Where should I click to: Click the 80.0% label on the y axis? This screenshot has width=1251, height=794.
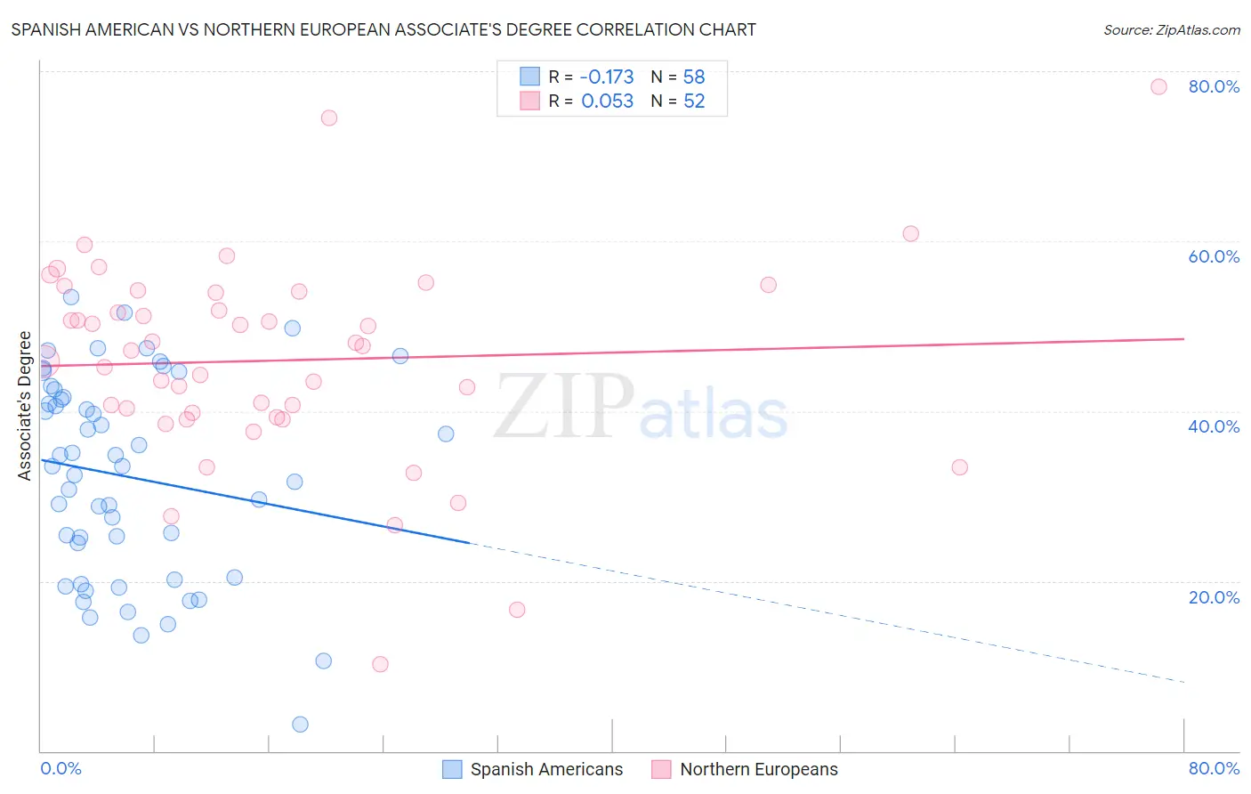[1214, 86]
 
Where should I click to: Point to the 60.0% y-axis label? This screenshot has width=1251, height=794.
[1214, 256]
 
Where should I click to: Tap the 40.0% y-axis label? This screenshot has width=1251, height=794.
[1214, 426]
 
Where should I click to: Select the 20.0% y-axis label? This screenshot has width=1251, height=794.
[1214, 597]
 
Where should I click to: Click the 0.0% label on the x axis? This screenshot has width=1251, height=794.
[61, 768]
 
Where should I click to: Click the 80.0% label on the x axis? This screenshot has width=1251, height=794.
[1214, 768]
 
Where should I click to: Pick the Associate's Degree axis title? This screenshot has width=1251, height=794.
[25, 406]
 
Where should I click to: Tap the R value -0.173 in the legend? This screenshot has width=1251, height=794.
[607, 77]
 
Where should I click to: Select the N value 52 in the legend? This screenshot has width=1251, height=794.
[694, 101]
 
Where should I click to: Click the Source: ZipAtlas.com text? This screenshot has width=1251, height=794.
[1171, 30]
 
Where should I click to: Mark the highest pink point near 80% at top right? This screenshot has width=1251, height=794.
[1158, 86]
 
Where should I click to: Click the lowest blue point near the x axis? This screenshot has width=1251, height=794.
[300, 725]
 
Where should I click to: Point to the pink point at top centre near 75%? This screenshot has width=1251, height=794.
[329, 117]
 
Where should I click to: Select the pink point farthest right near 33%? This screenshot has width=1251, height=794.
[959, 467]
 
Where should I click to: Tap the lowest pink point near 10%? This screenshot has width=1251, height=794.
[380, 664]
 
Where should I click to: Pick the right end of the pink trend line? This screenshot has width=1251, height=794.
[1183, 339]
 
